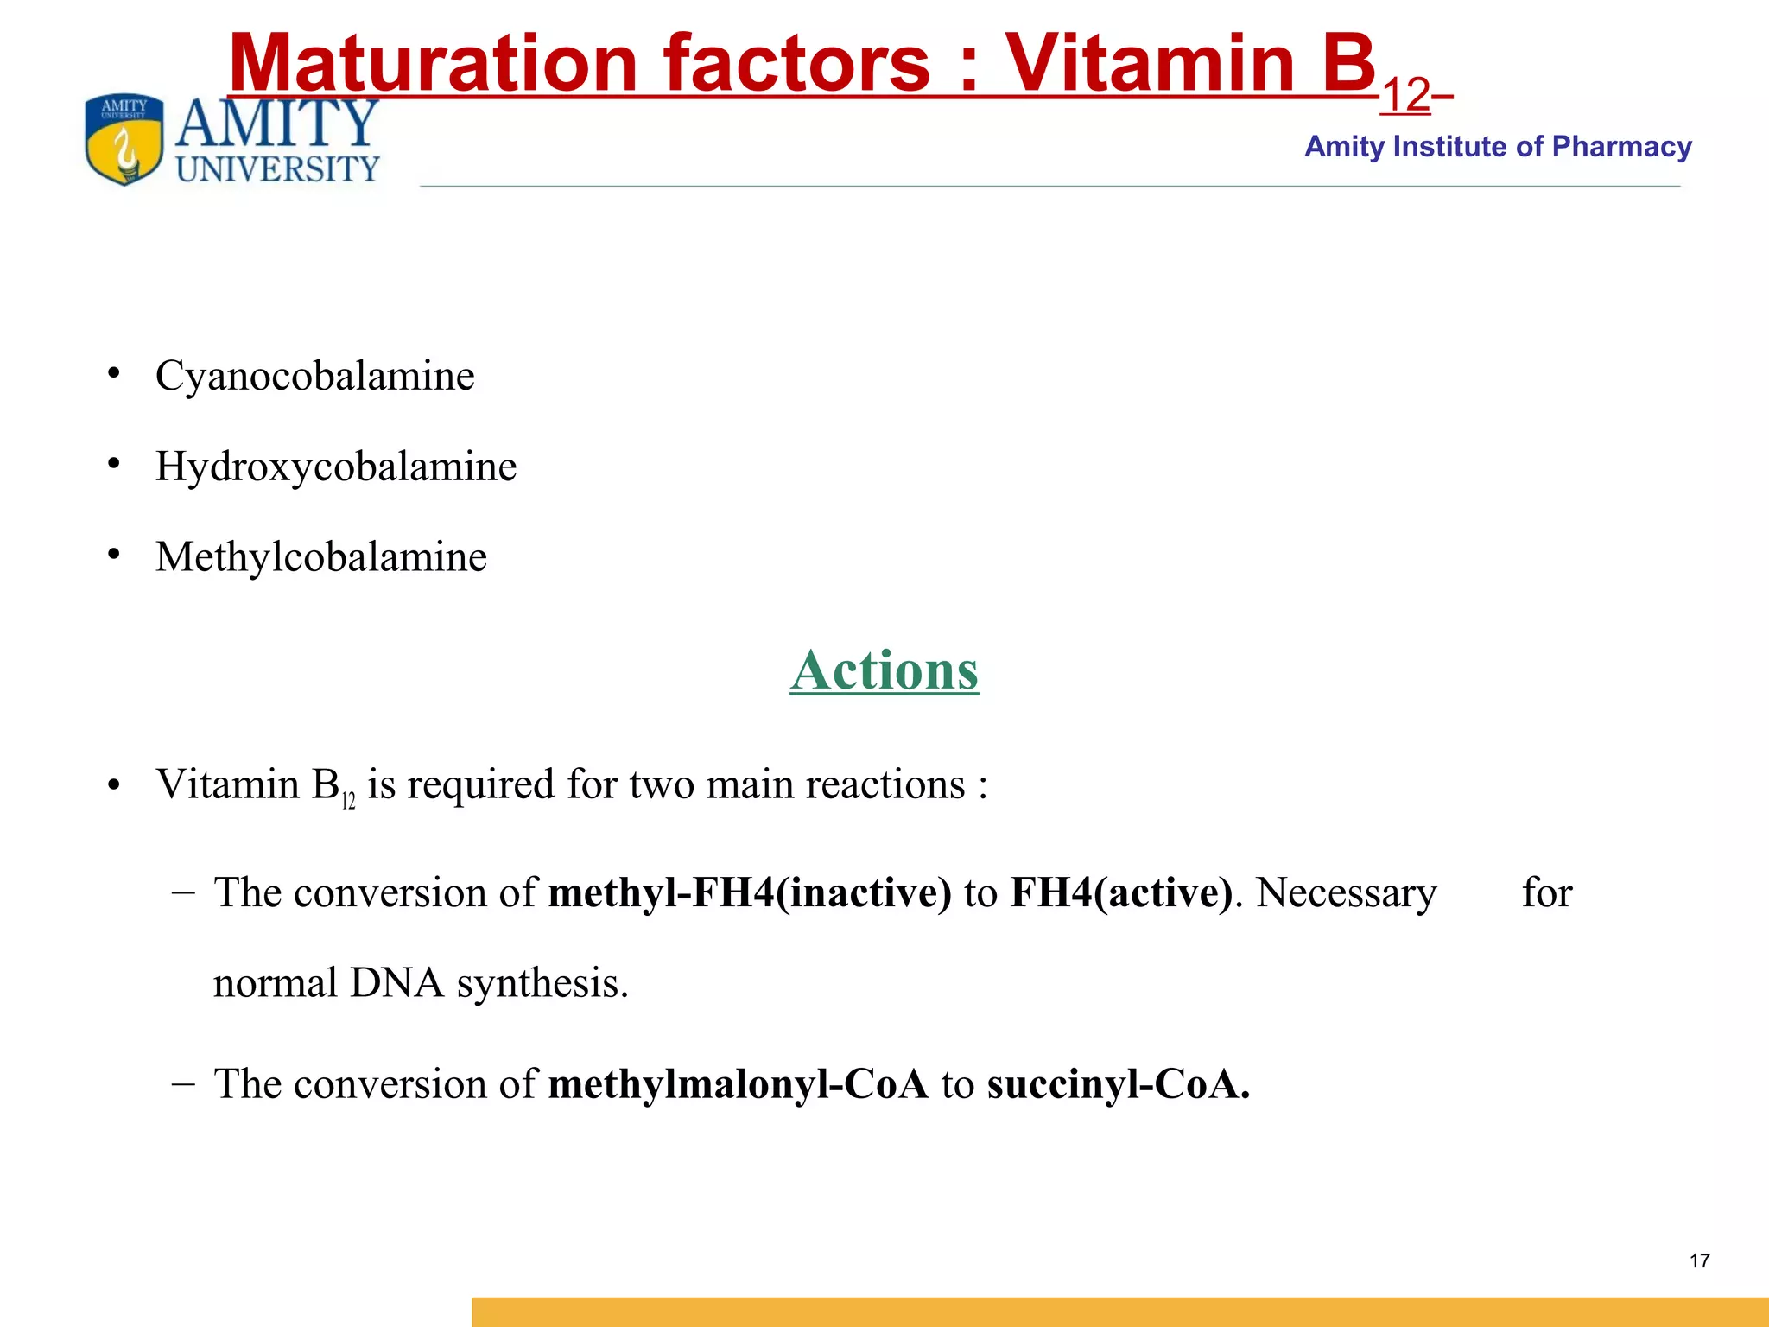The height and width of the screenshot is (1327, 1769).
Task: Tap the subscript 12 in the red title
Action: pos(1405,96)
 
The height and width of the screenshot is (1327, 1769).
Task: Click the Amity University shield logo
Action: pos(124,139)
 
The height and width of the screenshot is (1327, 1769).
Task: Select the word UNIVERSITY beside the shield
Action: pos(277,169)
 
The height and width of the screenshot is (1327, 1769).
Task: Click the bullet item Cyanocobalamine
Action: pos(314,376)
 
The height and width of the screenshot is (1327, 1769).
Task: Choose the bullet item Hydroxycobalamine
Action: pos(336,467)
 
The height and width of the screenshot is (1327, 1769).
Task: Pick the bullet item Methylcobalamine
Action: pos(320,557)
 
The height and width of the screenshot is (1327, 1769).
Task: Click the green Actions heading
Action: pos(884,670)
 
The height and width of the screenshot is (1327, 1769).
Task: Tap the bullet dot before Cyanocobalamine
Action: pos(113,373)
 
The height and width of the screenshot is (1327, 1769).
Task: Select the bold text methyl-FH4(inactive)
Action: pos(750,892)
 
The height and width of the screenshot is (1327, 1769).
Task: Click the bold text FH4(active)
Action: pos(1121,892)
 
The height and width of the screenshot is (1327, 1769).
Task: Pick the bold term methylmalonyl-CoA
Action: pos(738,1084)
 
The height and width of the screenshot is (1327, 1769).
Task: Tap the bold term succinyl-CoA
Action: pos(1118,1084)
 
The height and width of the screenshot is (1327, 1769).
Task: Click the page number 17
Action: pos(1699,1261)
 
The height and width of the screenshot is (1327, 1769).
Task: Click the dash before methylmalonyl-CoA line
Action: pos(183,1083)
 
